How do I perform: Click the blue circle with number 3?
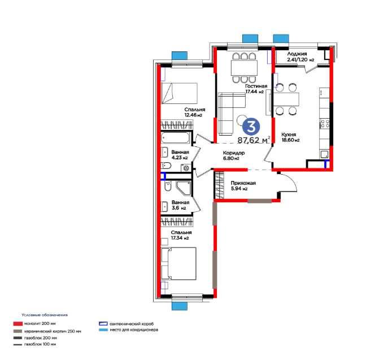coord(251,127)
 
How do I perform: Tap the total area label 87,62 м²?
coord(254,140)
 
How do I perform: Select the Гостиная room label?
coord(256,86)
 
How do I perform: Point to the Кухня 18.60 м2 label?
coord(290,137)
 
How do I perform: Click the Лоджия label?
coord(297,54)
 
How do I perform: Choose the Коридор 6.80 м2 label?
coord(234,155)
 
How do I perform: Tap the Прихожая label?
coord(243,183)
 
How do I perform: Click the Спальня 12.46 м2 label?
coord(194,112)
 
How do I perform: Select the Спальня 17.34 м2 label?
coord(181,235)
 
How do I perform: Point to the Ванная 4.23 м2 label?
coord(180,155)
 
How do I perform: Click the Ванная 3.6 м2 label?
coord(180,205)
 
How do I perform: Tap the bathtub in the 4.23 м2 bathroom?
coord(176,138)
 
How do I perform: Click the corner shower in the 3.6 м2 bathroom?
coord(184,188)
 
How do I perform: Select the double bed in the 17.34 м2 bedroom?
coord(178,263)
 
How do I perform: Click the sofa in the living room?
coord(231,113)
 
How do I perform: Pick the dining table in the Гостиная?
coord(244,68)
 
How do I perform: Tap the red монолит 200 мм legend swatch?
coord(18,323)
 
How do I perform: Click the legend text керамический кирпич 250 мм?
coord(53,331)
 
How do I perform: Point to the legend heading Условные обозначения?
coord(45,315)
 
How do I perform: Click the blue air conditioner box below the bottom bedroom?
coord(180,306)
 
